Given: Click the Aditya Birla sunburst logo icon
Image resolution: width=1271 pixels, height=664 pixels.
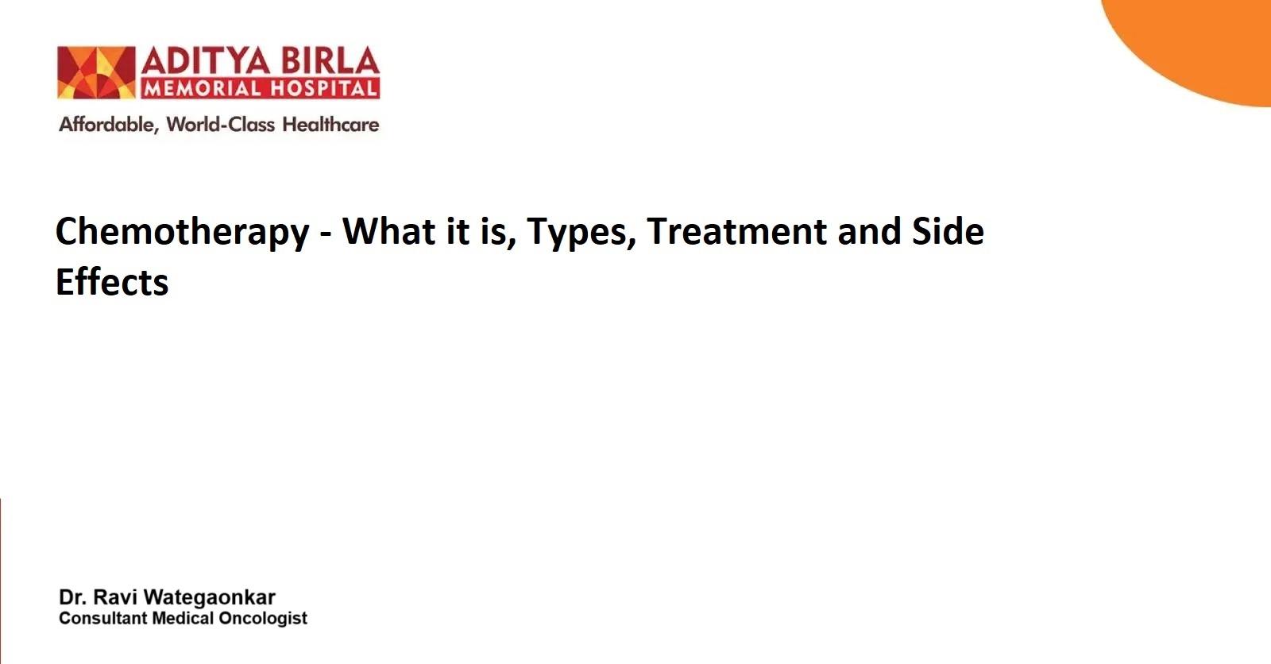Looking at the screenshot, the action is pyautogui.click(x=96, y=72).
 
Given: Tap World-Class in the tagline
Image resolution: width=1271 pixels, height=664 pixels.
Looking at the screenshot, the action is pyautogui.click(x=221, y=124).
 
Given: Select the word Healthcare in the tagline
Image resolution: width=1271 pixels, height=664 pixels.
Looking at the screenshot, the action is pyautogui.click(x=330, y=124).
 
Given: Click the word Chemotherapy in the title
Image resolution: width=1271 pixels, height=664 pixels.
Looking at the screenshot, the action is pyautogui.click(x=183, y=232).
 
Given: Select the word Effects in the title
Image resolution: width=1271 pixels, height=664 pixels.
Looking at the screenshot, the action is pyautogui.click(x=112, y=281).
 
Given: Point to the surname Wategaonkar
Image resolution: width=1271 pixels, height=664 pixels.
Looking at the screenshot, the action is pyautogui.click(x=210, y=597).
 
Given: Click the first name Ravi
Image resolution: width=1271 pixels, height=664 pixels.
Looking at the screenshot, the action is pyautogui.click(x=115, y=597).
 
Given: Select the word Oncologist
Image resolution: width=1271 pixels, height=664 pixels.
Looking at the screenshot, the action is pyautogui.click(x=263, y=619).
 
